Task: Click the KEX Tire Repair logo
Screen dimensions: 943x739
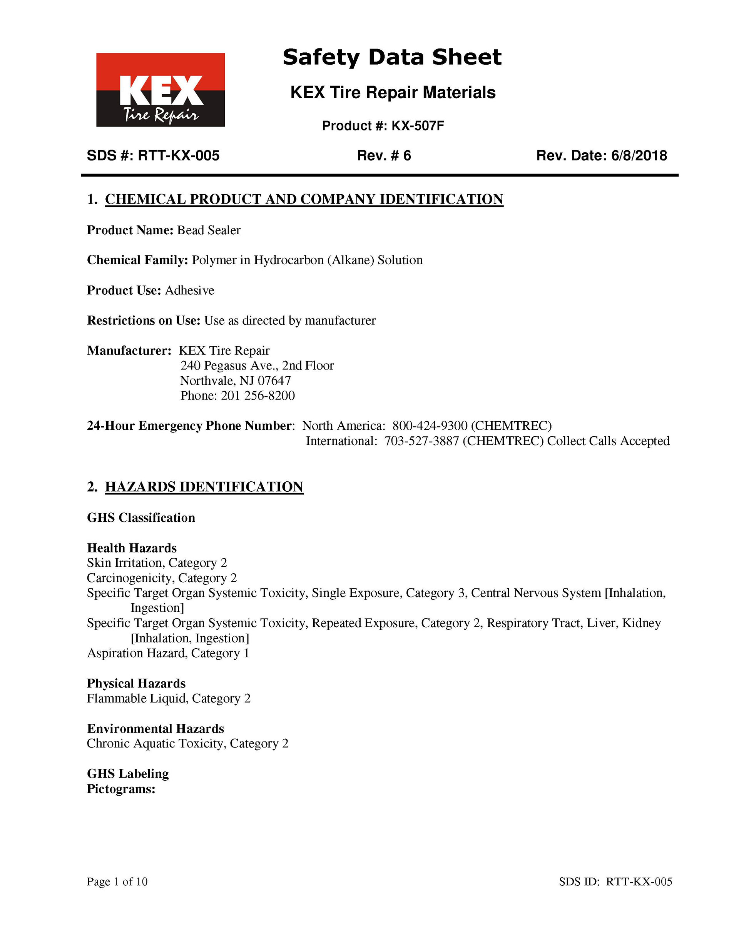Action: pyautogui.click(x=160, y=90)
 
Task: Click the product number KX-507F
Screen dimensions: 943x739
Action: pyautogui.click(x=418, y=126)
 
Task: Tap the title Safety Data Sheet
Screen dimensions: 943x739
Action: pyautogui.click(x=391, y=57)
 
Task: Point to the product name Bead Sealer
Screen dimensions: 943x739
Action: pyautogui.click(x=209, y=230)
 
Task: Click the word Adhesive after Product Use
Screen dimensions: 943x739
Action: pyautogui.click(x=189, y=290)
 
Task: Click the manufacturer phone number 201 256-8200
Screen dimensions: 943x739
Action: pyautogui.click(x=258, y=396)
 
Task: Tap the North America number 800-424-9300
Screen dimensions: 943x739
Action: pyautogui.click(x=430, y=426)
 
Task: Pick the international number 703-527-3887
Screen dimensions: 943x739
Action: pyautogui.click(x=421, y=441)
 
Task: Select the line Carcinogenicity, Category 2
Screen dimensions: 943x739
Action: pyautogui.click(x=162, y=578)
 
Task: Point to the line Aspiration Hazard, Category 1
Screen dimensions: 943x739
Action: pyautogui.click(x=168, y=653)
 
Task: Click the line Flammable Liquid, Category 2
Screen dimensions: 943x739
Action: pyautogui.click(x=169, y=699)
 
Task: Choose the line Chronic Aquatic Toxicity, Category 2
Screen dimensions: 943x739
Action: pyautogui.click(x=187, y=744)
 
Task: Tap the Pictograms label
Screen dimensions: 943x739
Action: pyautogui.click(x=121, y=789)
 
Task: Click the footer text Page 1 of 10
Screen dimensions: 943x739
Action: pyautogui.click(x=117, y=881)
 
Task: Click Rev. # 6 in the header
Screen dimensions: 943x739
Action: pyautogui.click(x=384, y=156)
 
